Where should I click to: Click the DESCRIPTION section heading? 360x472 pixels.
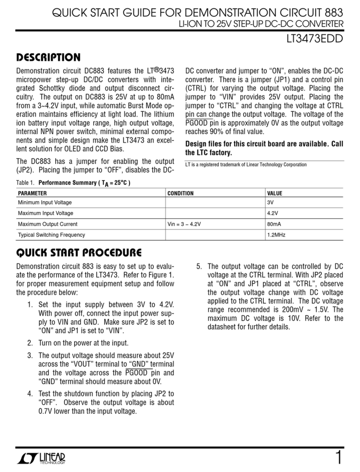[x=48, y=57]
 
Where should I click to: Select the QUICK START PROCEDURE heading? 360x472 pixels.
[x=78, y=253]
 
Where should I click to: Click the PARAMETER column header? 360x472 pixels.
[x=32, y=194]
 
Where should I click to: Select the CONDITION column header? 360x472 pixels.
[x=180, y=194]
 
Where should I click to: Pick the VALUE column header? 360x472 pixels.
[x=274, y=194]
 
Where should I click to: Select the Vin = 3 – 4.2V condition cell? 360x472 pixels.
[x=185, y=224]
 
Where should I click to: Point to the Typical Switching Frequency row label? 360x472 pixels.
[x=51, y=234]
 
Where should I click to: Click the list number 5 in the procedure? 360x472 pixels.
[x=200, y=267]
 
